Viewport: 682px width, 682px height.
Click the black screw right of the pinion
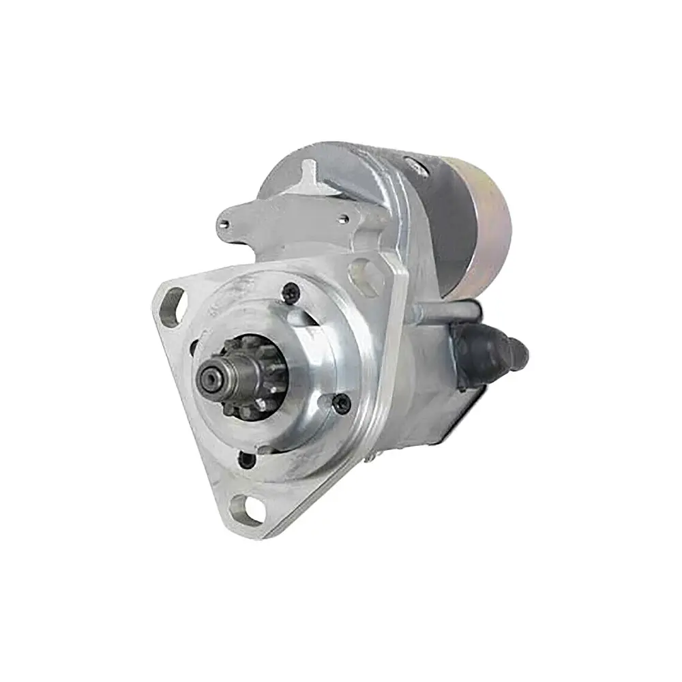[x=343, y=404]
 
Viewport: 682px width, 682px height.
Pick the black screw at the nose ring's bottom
[x=246, y=459]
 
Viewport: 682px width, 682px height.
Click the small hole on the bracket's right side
[x=345, y=219]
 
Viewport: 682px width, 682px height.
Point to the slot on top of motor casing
[x=411, y=164]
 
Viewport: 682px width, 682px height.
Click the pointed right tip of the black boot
[x=526, y=351]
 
